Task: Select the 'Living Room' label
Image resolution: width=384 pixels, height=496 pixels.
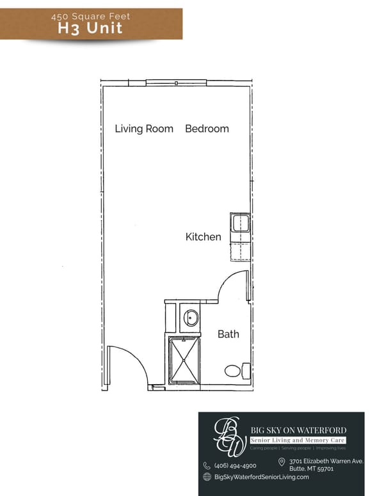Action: click(x=144, y=128)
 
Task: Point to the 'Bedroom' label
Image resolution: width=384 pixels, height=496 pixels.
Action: click(x=207, y=128)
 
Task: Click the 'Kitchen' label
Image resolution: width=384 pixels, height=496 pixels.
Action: click(x=204, y=237)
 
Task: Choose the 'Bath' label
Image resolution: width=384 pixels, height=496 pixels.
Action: click(x=228, y=334)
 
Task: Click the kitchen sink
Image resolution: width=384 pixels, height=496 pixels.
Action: click(x=241, y=224)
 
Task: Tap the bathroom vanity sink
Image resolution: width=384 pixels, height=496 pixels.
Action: click(x=191, y=317)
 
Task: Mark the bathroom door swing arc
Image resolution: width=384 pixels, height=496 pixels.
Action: click(x=232, y=286)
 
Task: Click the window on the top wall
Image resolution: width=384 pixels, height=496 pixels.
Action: click(x=176, y=82)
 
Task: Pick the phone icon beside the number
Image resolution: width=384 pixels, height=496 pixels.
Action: click(x=207, y=466)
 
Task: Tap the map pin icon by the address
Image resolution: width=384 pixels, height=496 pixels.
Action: click(x=282, y=461)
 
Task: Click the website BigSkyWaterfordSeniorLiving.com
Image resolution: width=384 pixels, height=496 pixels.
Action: click(x=262, y=477)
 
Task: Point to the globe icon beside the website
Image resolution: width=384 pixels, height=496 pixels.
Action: click(x=207, y=477)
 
